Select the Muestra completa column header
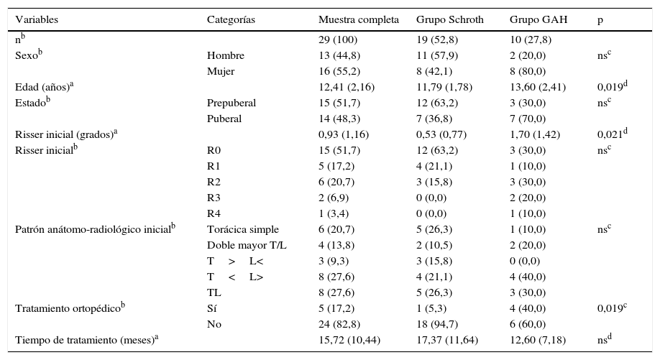[x=358, y=19]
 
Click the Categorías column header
[x=231, y=19]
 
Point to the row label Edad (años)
[x=45, y=88]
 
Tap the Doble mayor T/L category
[x=247, y=245]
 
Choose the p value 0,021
[x=613, y=134]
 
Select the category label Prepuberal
[x=231, y=103]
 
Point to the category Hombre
[x=226, y=56]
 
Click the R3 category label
[x=214, y=198]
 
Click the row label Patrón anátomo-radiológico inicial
[x=95, y=229]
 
